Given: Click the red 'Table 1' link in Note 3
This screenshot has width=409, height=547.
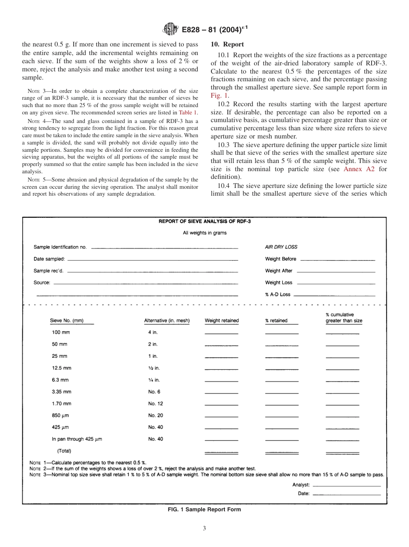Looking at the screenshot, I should [188, 112].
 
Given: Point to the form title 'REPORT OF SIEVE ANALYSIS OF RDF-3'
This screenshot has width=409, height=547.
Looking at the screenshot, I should [204, 221].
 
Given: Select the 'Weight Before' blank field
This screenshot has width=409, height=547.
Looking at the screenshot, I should [337, 260].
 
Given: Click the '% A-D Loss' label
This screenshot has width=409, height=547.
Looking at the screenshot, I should [278, 295].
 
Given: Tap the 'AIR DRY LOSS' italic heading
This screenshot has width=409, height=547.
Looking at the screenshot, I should [281, 247].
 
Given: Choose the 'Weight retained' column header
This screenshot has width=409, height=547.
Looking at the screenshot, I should [222, 321].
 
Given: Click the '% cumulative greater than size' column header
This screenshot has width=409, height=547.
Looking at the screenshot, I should [344, 318].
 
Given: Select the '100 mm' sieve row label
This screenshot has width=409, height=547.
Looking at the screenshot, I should [61, 333].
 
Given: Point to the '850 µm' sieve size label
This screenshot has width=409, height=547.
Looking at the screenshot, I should [61, 415].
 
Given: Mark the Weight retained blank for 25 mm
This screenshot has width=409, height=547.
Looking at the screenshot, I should [221, 357].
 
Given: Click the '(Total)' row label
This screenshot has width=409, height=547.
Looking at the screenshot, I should [64, 451].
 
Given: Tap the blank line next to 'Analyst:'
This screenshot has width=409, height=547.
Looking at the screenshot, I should [347, 486].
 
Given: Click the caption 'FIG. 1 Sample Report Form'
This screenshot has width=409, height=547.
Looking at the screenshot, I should [204, 510].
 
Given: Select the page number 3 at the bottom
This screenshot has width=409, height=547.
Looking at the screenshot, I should [204, 529].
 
